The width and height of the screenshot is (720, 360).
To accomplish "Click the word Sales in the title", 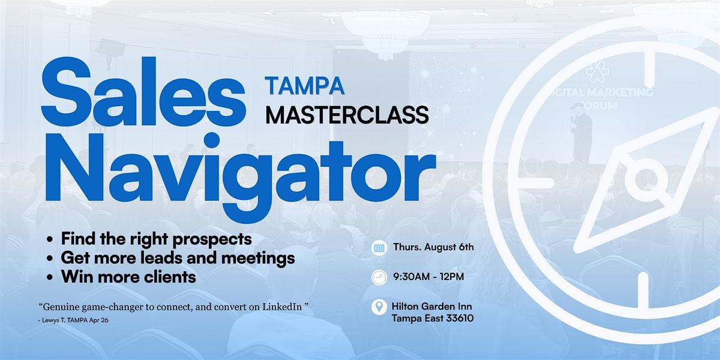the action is pos(143,92).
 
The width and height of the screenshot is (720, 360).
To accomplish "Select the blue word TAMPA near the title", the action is pos(305,86).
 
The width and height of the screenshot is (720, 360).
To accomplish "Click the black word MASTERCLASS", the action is pos(347,115).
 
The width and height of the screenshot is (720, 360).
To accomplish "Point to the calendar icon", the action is pos(379,248).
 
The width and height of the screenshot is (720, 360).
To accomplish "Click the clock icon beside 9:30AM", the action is pos(379,277).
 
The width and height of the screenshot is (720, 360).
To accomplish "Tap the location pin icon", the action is pos(379,307).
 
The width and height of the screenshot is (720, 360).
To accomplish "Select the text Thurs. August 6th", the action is pos(434,247).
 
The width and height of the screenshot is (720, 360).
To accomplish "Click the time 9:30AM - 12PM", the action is pos(429,277).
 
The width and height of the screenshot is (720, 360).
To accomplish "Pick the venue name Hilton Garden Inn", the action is pos(431,307).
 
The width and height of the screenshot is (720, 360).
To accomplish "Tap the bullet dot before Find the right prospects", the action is pos(49,239).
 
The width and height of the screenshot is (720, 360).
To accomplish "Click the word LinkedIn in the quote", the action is pos(282,307).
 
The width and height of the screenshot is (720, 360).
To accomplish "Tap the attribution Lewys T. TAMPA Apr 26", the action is pos(73,320).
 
